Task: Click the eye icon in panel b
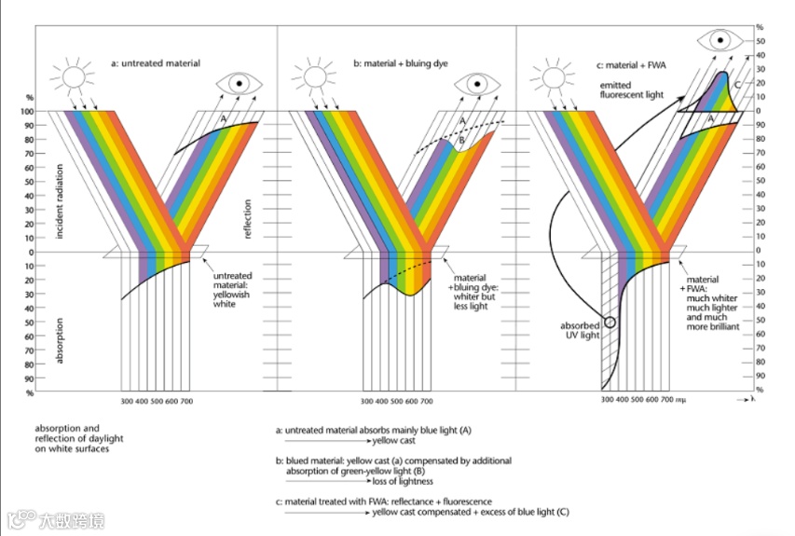click(x=479, y=84)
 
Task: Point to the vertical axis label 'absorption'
click(x=60, y=340)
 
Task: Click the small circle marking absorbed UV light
click(x=610, y=322)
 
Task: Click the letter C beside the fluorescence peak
click(x=738, y=84)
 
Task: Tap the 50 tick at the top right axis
click(x=761, y=41)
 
